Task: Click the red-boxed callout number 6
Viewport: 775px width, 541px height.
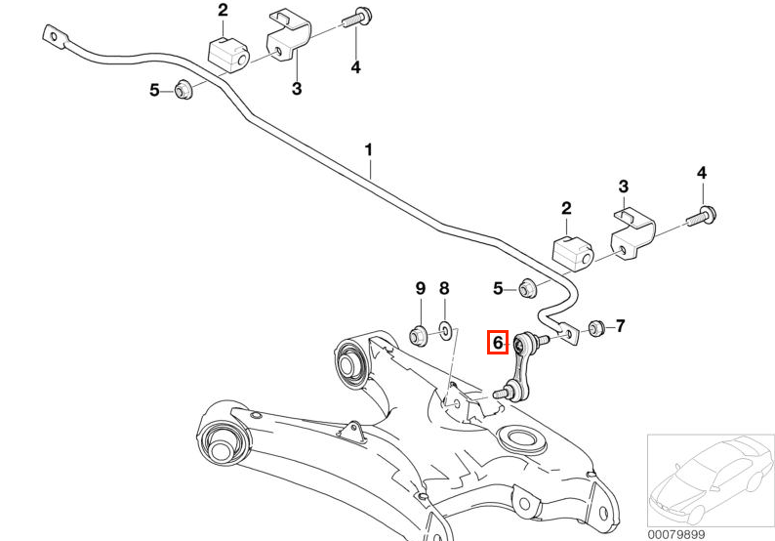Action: click(x=498, y=342)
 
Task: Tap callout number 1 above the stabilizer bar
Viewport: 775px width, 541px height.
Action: click(x=368, y=149)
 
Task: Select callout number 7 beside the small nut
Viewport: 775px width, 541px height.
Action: click(x=620, y=326)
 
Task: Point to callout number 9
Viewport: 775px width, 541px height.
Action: click(x=420, y=288)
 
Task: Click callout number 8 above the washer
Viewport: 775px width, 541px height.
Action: click(x=444, y=288)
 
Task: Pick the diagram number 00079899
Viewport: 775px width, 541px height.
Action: click(x=676, y=534)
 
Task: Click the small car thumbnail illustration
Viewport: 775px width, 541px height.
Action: click(x=711, y=480)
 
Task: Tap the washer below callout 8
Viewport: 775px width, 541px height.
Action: click(x=444, y=331)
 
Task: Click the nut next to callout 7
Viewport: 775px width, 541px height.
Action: click(x=596, y=327)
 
